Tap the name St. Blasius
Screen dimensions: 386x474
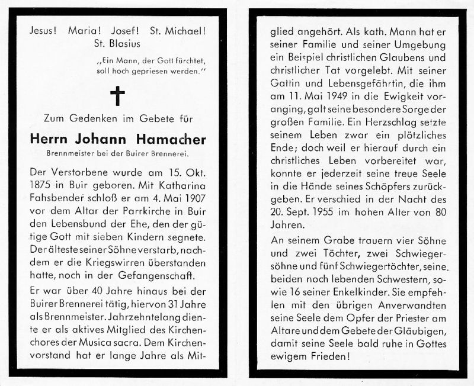(118, 43)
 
